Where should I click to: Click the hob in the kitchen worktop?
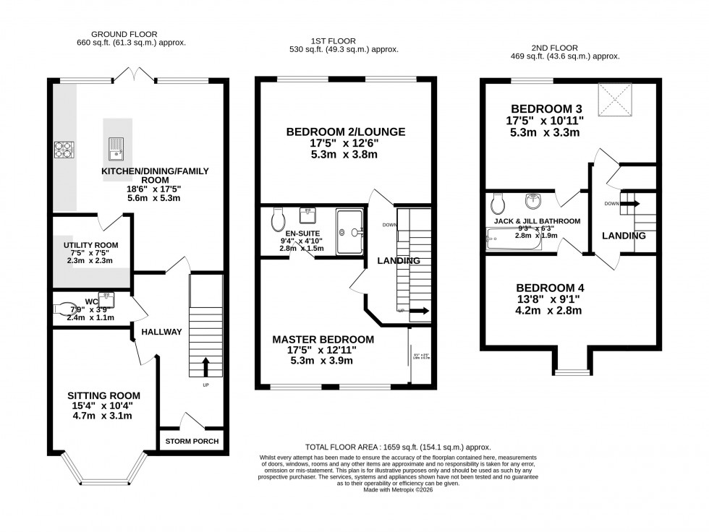pos(63,150)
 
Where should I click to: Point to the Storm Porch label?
pos(192,441)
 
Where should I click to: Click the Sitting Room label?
pos(103,395)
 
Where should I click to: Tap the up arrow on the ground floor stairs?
pos(206,366)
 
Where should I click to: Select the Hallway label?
pos(161,332)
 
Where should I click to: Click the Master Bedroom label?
pos(323,339)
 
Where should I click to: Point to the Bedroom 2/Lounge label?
pos(345,132)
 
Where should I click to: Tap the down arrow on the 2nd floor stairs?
pos(632,204)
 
